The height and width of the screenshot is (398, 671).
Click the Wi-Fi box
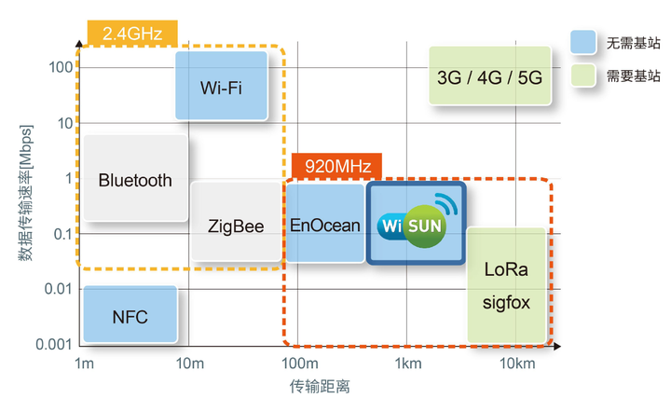pyautogui.click(x=221, y=87)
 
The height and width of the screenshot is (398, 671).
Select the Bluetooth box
pyautogui.click(x=135, y=180)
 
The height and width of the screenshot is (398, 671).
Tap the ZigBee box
pyautogui.click(x=236, y=226)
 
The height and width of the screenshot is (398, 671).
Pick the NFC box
pyautogui.click(x=130, y=316)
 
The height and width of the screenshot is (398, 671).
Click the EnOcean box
pyautogui.click(x=325, y=225)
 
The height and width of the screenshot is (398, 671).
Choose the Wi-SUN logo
pyautogui.click(x=416, y=224)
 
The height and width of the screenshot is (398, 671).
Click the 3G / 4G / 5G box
pyautogui.click(x=489, y=79)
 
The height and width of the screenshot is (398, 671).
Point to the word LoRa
pyautogui.click(x=506, y=270)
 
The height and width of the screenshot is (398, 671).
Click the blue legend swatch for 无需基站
pyautogui.click(x=582, y=42)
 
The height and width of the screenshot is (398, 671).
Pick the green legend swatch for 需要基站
pyautogui.click(x=582, y=75)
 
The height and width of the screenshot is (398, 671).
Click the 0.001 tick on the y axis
pyautogui.click(x=54, y=345)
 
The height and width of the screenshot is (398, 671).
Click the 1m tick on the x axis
pyautogui.click(x=84, y=363)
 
